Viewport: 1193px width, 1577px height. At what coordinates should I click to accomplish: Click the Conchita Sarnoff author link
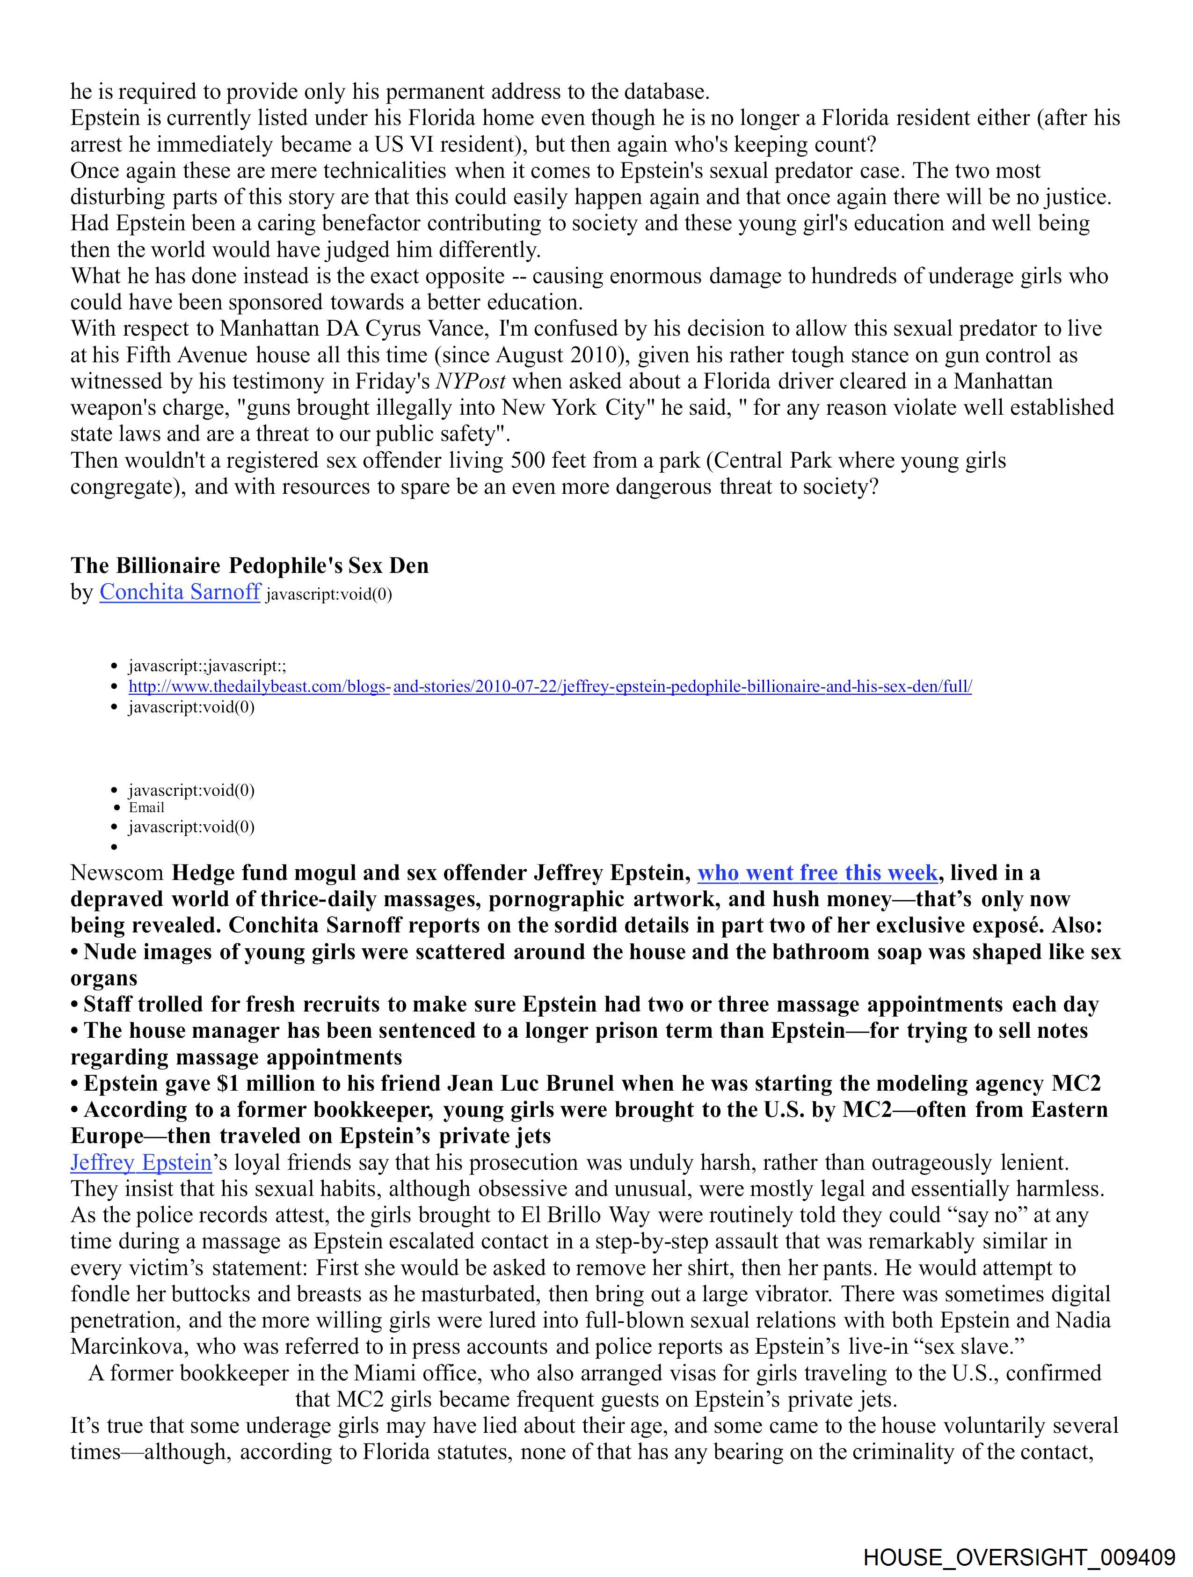180,593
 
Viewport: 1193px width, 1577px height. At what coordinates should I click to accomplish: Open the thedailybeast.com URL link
549,687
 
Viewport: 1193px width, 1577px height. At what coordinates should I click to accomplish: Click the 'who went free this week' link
817,873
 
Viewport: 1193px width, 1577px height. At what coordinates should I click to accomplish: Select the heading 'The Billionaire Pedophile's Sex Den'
249,566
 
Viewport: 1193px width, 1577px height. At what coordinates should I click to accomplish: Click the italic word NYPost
470,382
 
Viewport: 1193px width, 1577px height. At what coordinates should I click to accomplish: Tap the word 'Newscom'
117,873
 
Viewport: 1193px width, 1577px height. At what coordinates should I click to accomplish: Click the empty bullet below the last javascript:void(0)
114,847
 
